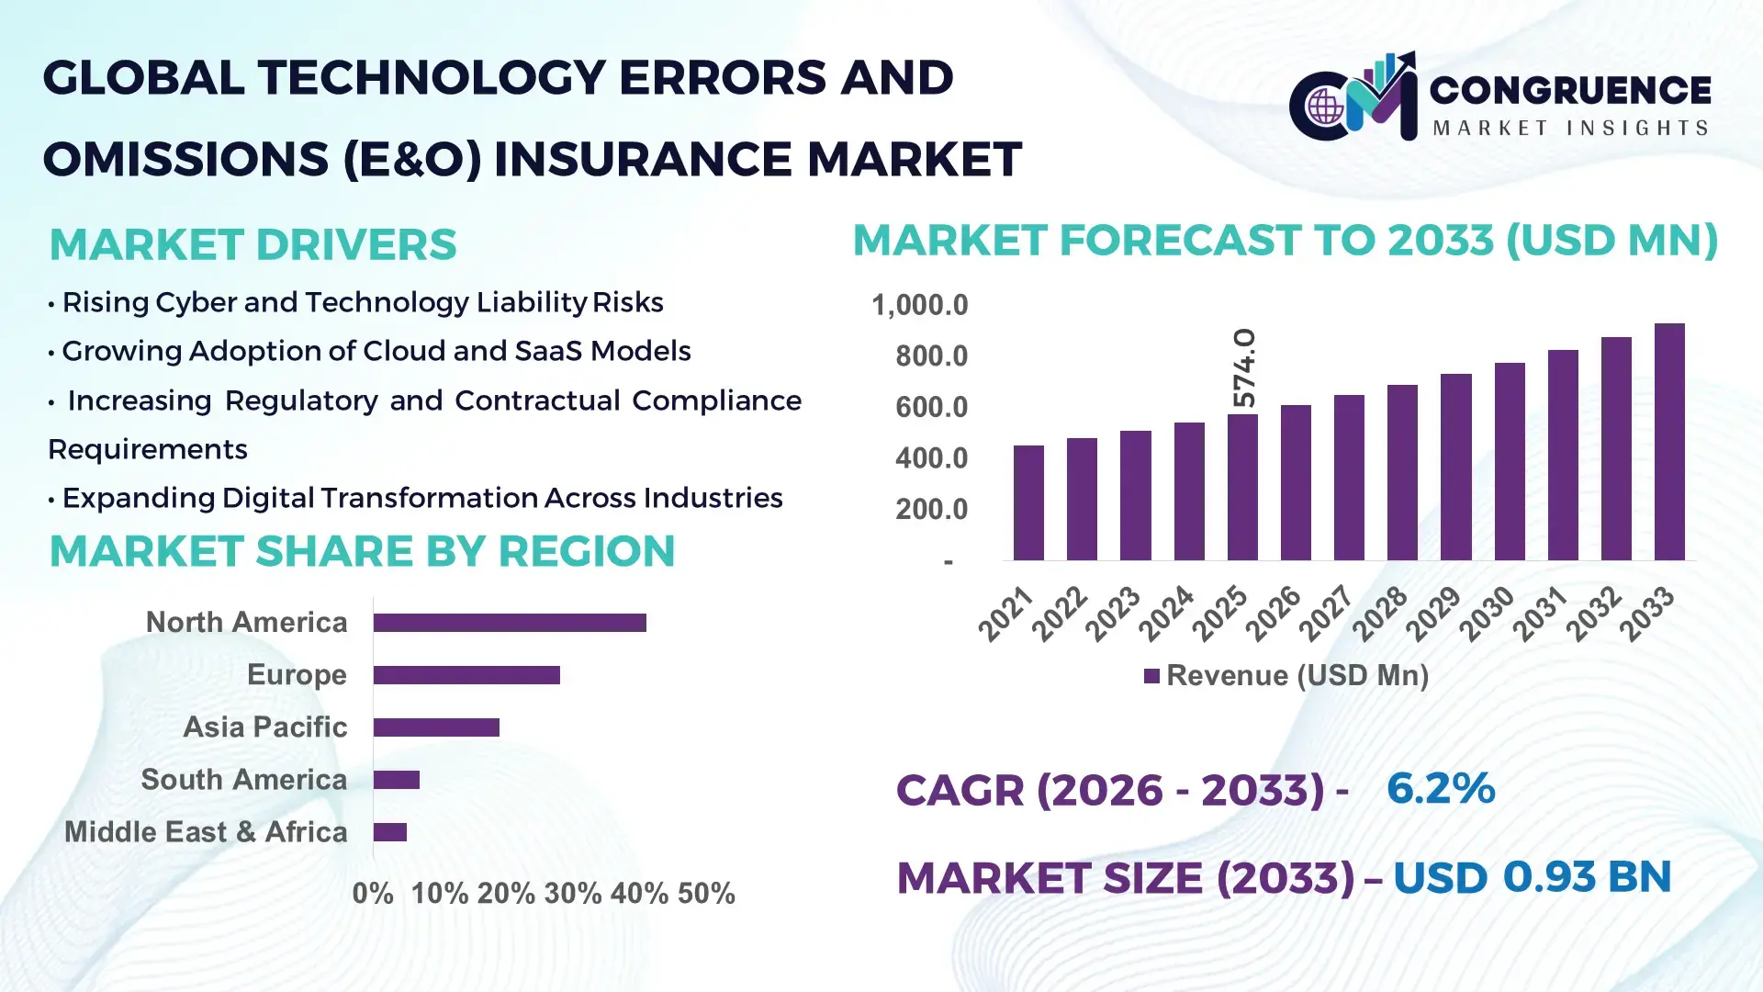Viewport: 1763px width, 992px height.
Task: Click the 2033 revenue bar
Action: (1669, 442)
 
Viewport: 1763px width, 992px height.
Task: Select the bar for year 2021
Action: (1028, 502)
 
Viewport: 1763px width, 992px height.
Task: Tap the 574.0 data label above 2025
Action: (1243, 367)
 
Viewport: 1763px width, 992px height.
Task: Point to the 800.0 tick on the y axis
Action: (931, 356)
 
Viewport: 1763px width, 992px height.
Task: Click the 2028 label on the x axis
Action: (1379, 614)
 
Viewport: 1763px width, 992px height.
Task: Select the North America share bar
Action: (510, 623)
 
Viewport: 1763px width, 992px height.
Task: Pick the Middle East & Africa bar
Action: (390, 832)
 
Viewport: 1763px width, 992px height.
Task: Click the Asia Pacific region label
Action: (264, 727)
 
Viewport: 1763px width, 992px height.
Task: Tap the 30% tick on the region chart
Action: (572, 893)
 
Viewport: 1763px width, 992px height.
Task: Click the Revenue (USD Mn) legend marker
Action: (1151, 677)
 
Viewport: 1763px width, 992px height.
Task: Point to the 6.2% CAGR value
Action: (1440, 788)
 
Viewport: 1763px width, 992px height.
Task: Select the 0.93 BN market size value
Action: (1586, 877)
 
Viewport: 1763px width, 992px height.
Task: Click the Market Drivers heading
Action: (253, 244)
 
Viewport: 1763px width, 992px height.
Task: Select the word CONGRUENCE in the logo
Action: (1570, 90)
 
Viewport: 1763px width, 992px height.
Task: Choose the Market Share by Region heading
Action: (362, 551)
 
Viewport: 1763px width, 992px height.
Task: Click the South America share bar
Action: (397, 780)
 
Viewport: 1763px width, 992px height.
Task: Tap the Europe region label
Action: (297, 675)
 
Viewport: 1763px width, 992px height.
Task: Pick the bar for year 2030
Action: (1510, 461)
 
